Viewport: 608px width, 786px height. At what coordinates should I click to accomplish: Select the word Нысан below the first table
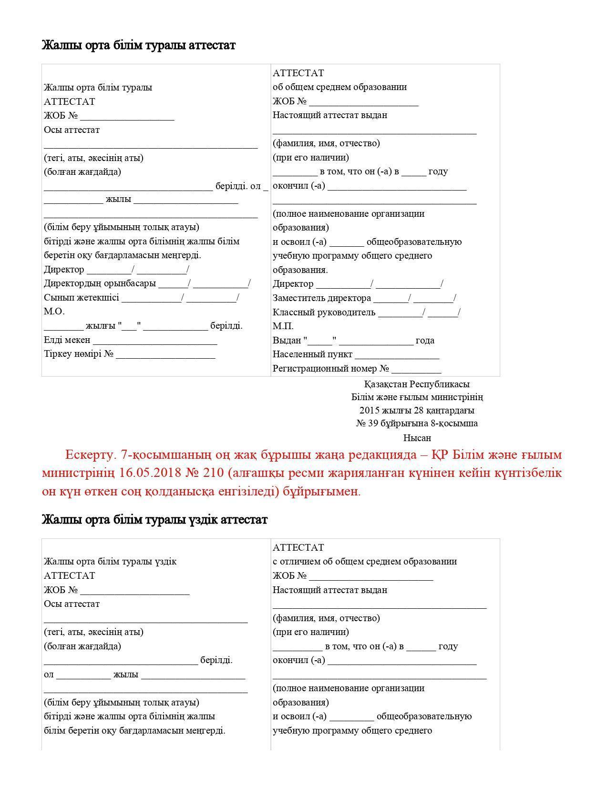[x=417, y=438]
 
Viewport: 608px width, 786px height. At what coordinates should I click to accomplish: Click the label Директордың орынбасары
[x=100, y=283]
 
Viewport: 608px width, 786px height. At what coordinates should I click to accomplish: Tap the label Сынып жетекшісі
[x=81, y=298]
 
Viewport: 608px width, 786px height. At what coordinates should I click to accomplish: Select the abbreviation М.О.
[x=54, y=312]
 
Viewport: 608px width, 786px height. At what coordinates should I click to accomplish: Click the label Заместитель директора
[x=321, y=298]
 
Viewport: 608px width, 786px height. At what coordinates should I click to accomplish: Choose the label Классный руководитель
[x=324, y=312]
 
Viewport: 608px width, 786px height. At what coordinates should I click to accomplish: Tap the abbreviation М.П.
[x=283, y=326]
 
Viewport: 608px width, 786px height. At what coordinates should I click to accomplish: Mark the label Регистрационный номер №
[x=331, y=369]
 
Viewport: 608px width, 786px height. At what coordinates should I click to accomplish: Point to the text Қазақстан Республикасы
[x=416, y=384]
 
